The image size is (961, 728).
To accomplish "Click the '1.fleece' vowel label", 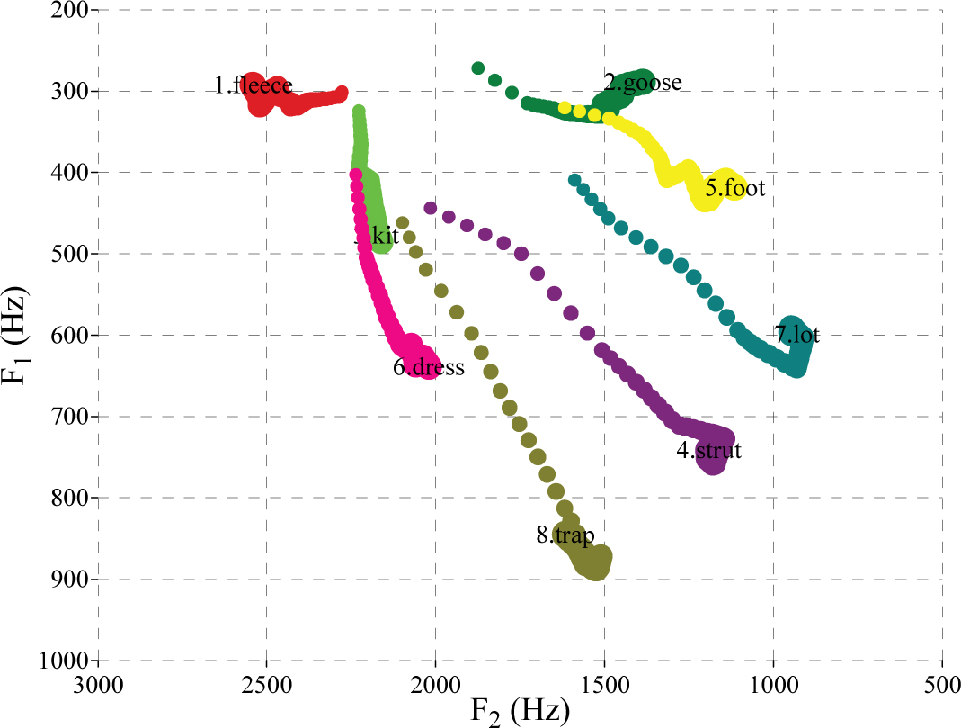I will tap(253, 86).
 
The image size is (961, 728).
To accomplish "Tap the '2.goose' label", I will tap(642, 83).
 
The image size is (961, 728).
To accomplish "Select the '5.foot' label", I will tap(734, 189).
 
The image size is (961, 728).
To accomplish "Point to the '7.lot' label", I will tap(797, 335).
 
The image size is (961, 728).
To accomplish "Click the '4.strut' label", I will tap(708, 451).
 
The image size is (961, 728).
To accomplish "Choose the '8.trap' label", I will tap(565, 535).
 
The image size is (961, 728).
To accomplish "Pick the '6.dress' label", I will tap(429, 367).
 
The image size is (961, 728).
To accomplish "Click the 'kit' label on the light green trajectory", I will tap(379, 237).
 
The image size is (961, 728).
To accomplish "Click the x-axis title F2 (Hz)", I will tap(521, 712).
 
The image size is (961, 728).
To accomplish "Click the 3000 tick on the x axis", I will tap(98, 683).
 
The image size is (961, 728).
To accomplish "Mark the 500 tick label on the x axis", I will tap(941, 683).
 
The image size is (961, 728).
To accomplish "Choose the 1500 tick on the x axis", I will tap(604, 683).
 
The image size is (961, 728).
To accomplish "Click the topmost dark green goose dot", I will tap(478, 68).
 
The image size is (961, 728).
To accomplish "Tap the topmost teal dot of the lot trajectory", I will tap(574, 181).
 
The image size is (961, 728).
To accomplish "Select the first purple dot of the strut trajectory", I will tap(431, 208).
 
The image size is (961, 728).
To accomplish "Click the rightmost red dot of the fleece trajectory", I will tap(342, 93).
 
